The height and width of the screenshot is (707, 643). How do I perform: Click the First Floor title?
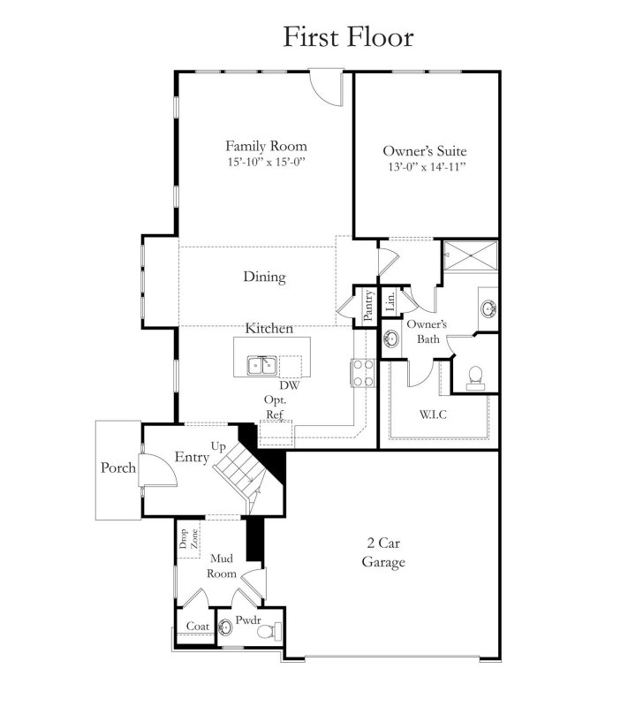click(x=347, y=37)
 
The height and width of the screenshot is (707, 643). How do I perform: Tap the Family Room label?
click(x=266, y=146)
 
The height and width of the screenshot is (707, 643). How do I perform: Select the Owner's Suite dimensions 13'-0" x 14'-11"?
click(x=424, y=167)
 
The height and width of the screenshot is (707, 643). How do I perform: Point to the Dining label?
click(x=265, y=277)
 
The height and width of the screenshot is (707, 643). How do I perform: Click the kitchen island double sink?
click(x=263, y=364)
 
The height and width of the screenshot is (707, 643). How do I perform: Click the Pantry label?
click(x=368, y=302)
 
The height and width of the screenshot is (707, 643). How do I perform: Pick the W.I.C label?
click(x=432, y=414)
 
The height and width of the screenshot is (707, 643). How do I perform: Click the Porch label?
click(x=118, y=468)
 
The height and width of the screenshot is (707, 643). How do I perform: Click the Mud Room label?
click(x=222, y=566)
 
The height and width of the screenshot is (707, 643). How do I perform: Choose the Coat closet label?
click(x=196, y=626)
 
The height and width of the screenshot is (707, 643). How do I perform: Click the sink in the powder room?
click(x=226, y=628)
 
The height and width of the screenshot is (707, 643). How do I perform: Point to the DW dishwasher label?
click(x=288, y=385)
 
